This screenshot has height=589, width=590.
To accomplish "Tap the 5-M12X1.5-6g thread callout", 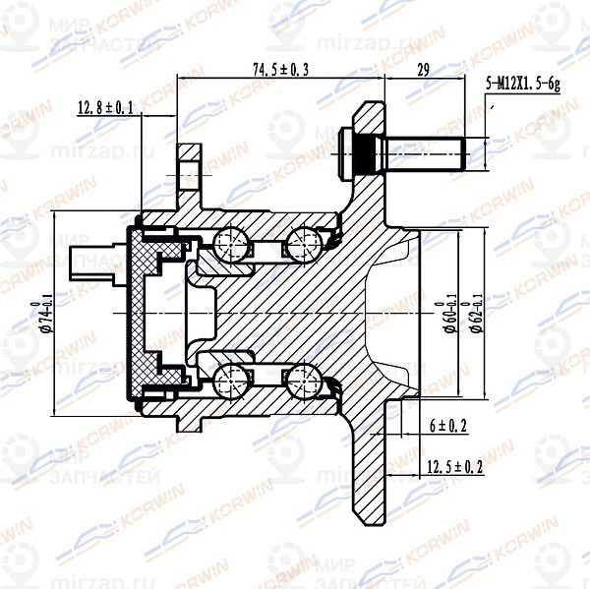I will (x=522, y=87).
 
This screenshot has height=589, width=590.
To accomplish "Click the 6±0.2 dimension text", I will (x=447, y=425).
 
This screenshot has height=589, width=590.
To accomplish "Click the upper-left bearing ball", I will (x=233, y=242).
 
